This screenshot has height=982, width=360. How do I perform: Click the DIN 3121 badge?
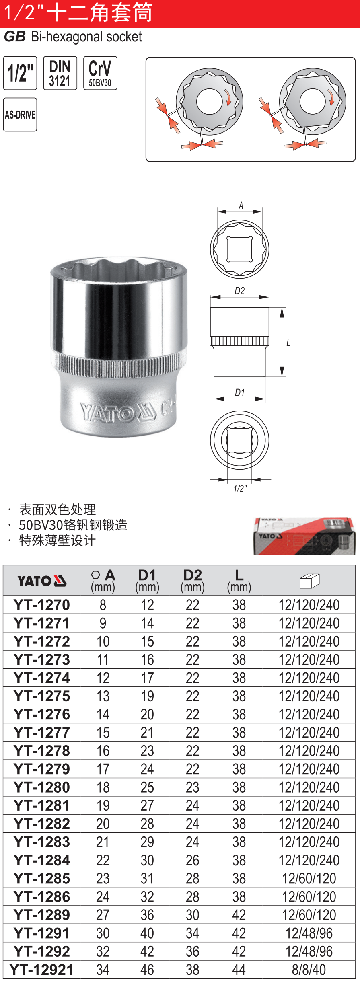click(x=60, y=73)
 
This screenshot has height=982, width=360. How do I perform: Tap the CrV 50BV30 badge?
click(x=100, y=73)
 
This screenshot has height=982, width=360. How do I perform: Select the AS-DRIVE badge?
click(x=20, y=115)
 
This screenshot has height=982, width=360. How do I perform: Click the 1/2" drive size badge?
click(x=20, y=73)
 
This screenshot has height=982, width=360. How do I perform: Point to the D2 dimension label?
click(x=240, y=291)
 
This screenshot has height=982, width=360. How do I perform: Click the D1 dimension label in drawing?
click(x=240, y=392)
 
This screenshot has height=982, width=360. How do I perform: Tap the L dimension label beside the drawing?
click(x=288, y=343)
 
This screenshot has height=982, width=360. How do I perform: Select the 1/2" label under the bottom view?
click(x=240, y=489)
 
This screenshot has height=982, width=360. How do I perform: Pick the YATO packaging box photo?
click(x=304, y=536)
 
